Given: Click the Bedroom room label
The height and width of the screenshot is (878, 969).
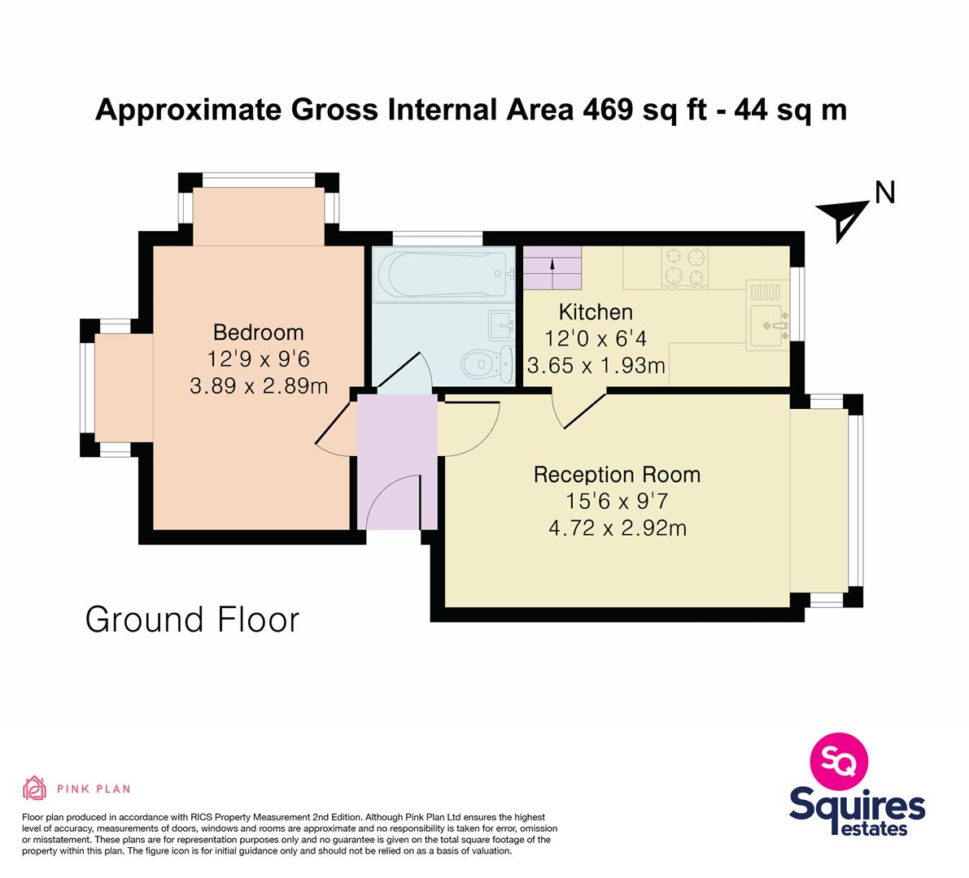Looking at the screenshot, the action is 258,333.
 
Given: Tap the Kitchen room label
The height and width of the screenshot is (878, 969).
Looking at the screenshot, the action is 596,312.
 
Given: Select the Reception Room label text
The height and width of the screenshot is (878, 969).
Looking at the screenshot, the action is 617,475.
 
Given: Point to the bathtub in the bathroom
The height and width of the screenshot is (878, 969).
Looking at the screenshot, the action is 444,274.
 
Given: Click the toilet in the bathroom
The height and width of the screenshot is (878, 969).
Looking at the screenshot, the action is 487,364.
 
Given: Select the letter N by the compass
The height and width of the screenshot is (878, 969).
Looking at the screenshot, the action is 885,193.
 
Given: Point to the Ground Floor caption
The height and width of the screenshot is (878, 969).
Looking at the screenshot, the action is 192,619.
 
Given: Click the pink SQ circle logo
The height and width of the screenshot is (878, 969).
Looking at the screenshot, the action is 839,761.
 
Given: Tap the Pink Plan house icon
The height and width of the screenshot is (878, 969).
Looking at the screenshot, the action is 35,788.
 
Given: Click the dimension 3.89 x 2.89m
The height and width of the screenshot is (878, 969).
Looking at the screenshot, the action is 258,386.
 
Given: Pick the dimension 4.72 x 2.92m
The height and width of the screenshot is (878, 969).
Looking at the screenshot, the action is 618,528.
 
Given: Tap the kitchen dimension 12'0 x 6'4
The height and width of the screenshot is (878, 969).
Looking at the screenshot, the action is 596,339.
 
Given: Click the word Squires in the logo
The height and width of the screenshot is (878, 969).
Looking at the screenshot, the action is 858,806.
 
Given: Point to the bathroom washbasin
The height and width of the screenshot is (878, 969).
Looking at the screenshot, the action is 500,325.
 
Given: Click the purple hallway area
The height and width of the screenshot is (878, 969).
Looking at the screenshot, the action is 397,461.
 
